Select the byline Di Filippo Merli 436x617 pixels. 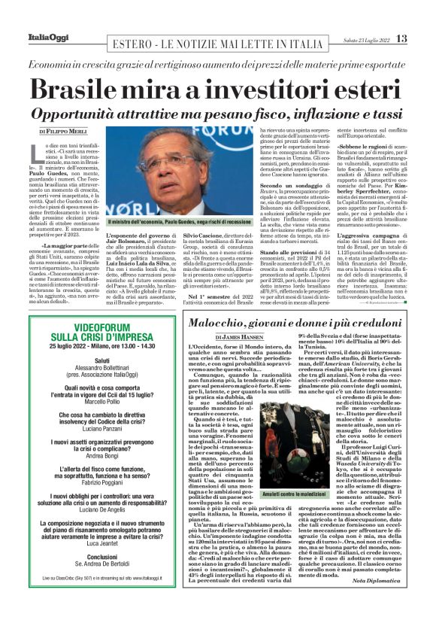[65, 131]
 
